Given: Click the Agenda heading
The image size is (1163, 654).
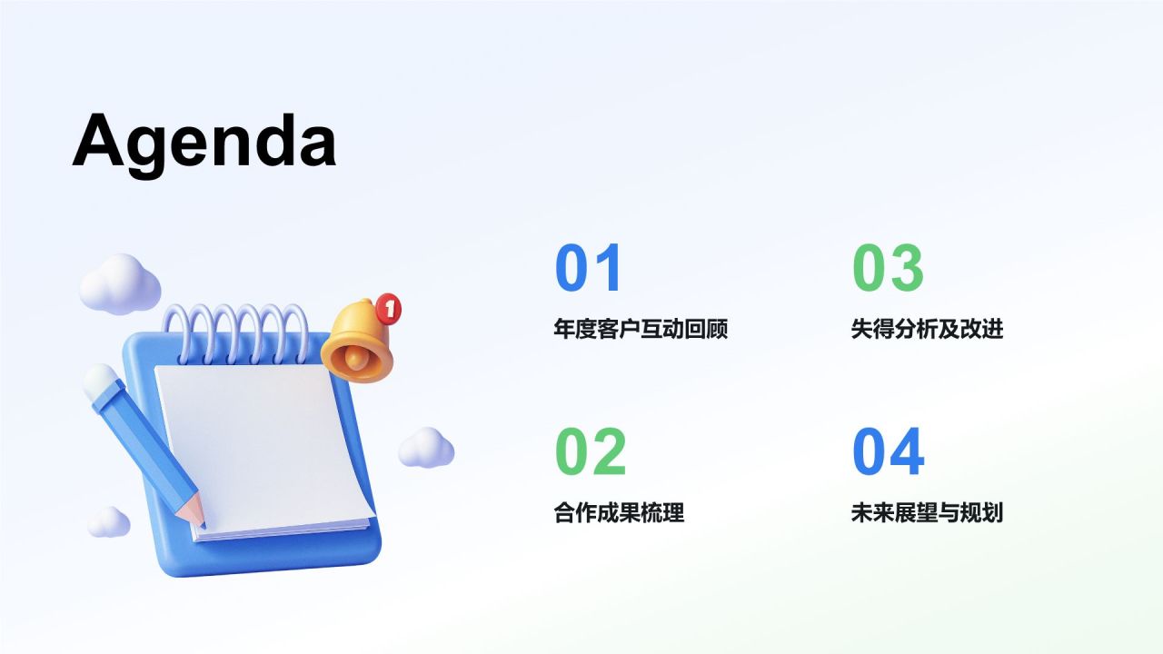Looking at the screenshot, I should pos(204,142).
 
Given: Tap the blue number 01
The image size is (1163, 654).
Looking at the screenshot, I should pos(589,268).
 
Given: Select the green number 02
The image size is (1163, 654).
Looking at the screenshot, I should pos(591,451).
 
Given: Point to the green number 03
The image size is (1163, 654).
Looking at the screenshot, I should pos(888,268).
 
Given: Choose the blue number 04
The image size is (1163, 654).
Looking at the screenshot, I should pos(888,451).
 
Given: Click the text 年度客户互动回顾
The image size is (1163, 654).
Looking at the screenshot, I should pos(641,329).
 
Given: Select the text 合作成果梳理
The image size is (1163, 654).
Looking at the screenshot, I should pos(619,513).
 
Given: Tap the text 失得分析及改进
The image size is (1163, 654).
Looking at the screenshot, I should pos(927,329).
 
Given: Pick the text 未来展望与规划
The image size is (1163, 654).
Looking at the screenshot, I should pos(927,513).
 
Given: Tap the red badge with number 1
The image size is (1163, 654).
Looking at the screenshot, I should pos(389,309).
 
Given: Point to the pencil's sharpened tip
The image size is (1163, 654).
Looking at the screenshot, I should pos(199,520).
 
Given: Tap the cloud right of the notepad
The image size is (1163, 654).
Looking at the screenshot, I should pos(426,448).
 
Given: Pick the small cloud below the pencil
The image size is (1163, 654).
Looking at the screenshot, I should pos(109,521).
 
